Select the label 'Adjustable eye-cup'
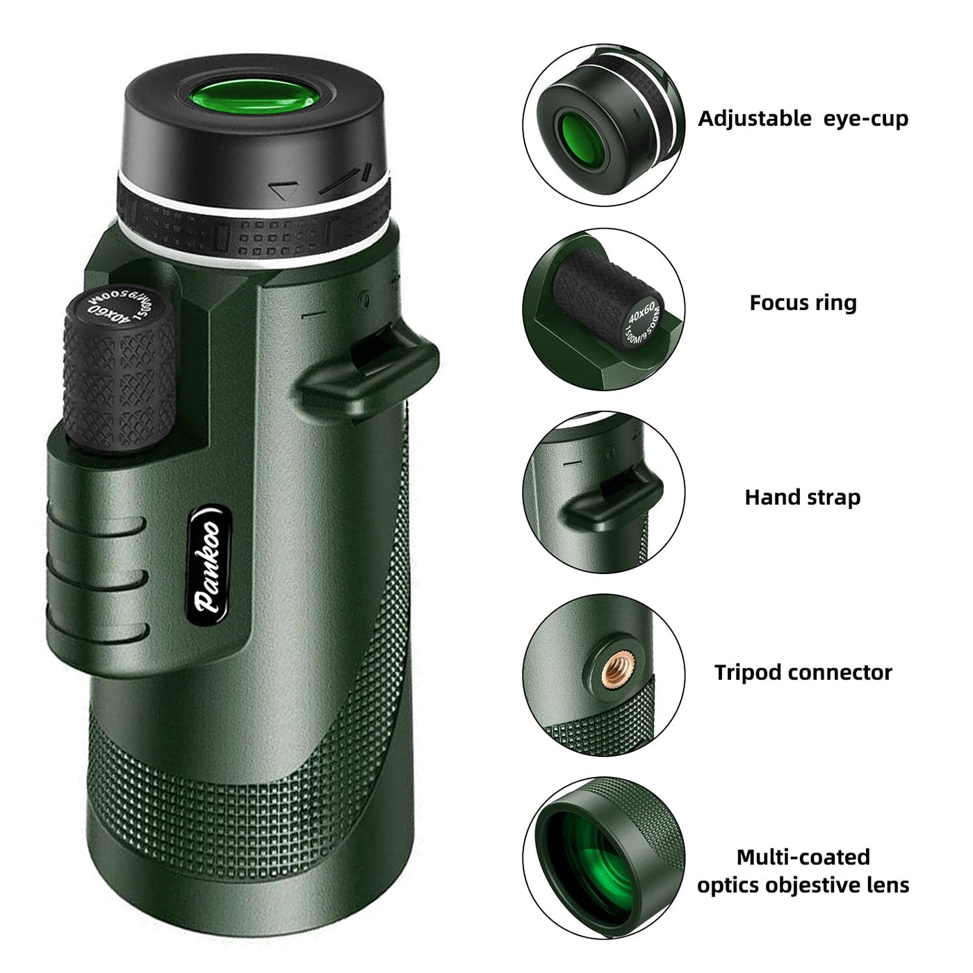tap(803, 120)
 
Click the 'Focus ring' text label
tap(803, 303)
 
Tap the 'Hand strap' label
tap(802, 498)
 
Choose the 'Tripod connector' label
tap(803, 673)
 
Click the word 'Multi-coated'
tap(803, 857)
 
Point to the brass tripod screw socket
tap(615, 670)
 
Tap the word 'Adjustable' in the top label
tap(755, 120)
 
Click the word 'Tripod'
tap(748, 673)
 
